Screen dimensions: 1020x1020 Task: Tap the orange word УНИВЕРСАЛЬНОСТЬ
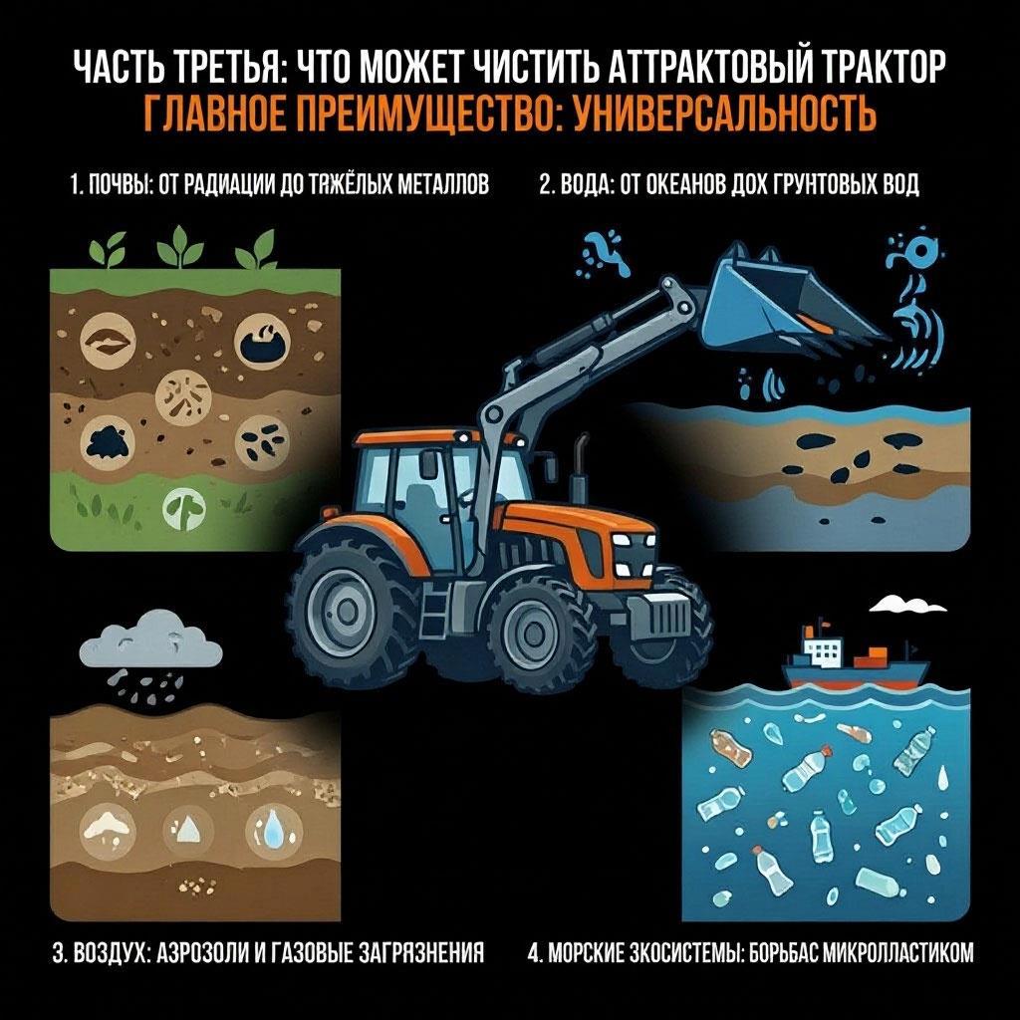[x=723, y=113]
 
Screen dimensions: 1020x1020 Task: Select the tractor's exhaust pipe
[x=579, y=468]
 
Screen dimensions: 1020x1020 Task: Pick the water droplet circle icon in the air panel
[x=274, y=831]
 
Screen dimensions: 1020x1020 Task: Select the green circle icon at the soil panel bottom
[x=184, y=508]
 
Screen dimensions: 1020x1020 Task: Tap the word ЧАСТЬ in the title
[x=118, y=66]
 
